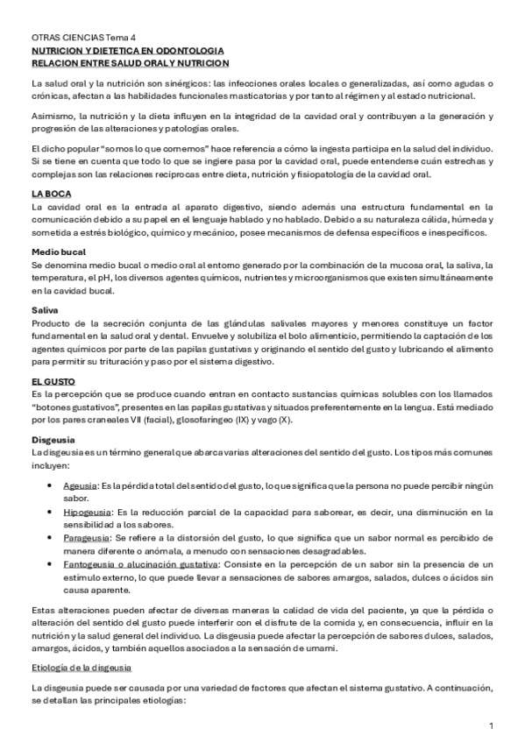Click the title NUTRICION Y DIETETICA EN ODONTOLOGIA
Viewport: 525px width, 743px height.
pyautogui.click(x=127, y=52)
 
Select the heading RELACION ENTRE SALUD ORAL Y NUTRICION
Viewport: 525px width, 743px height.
pyautogui.click(x=130, y=64)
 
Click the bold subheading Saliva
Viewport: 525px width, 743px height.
pyautogui.click(x=45, y=310)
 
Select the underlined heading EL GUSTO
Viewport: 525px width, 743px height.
pyautogui.click(x=53, y=382)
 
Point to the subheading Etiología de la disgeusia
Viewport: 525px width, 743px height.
pyautogui.click(x=82, y=669)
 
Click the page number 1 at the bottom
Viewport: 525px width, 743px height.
pyautogui.click(x=492, y=725)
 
